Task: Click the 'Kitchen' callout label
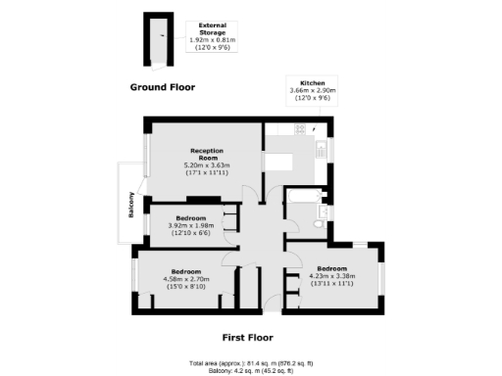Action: pyautogui.click(x=313, y=83)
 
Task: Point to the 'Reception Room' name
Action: pyautogui.click(x=206, y=154)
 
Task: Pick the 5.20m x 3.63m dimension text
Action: pyautogui.click(x=206, y=165)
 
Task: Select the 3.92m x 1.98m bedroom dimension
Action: pyautogui.click(x=190, y=225)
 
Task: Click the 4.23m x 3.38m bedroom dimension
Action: pyautogui.click(x=330, y=275)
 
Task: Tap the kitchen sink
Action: pyautogui.click(x=322, y=149)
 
